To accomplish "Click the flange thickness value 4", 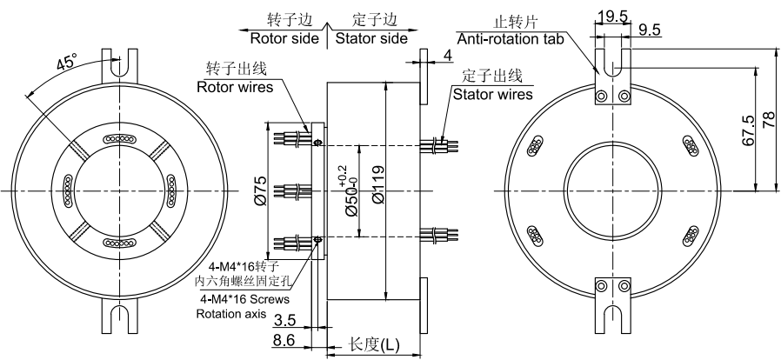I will pos(447,57).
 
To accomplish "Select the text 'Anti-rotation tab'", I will pos(511,38).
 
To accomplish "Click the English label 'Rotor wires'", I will pos(234,87).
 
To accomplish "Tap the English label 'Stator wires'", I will pos(492,93).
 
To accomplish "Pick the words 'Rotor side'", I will pos(284,38).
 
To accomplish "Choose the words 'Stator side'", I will pos(370,38).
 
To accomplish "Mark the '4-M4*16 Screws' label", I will pos(244,298).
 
